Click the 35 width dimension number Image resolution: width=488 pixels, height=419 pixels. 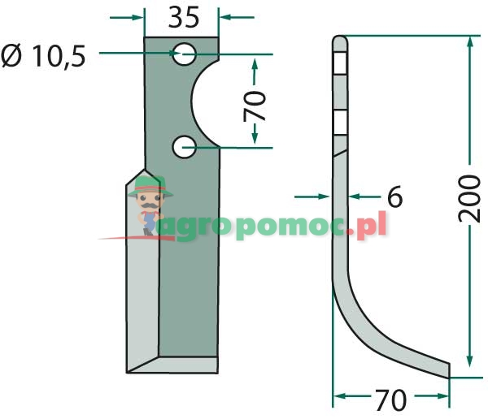(184, 18)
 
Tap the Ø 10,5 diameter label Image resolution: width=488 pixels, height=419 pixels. (43, 56)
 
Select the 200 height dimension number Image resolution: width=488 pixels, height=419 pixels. (469, 199)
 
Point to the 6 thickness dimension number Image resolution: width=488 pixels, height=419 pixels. (395, 197)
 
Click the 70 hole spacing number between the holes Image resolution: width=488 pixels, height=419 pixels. (255, 106)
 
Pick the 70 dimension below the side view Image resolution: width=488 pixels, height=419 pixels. (391, 400)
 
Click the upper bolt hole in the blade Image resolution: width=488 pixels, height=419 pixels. (185, 54)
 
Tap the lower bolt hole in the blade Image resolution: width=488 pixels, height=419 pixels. (185, 147)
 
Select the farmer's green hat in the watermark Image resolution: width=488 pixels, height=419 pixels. (150, 187)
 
